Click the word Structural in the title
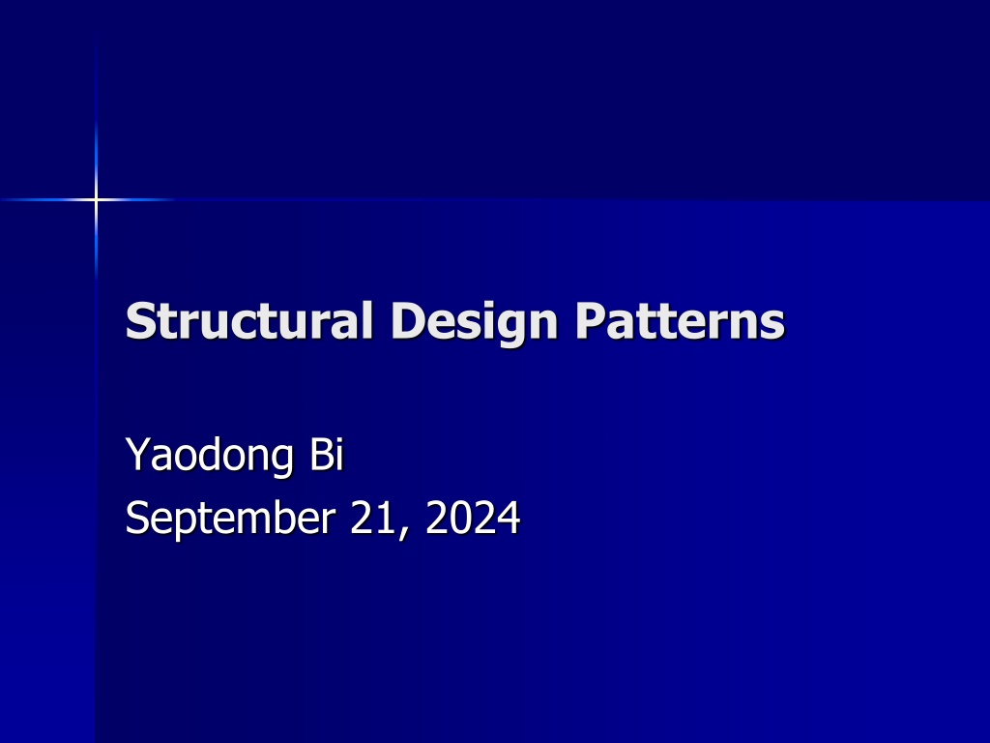pos(248,320)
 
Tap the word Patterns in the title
pos(680,320)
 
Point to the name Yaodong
pos(210,456)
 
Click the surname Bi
pos(327,453)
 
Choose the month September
pos(230,519)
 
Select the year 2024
pos(473,518)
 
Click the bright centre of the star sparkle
pos(96,200)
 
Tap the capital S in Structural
pos(139,320)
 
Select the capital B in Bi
pos(320,453)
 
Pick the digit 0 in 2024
pos(461,518)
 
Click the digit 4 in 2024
pos(509,518)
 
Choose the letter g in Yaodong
pos(281,461)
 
